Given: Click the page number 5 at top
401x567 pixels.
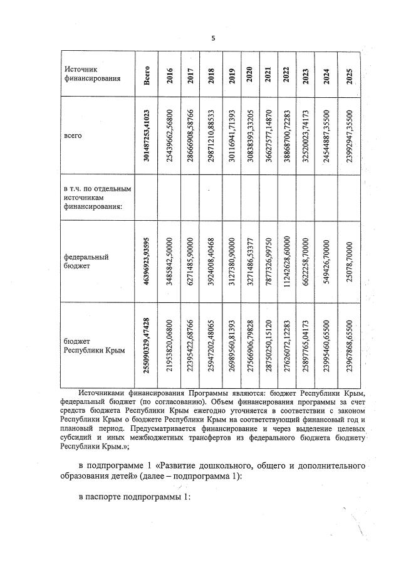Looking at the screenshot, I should click(212, 38).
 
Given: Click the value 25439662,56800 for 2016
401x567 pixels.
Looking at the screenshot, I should click(170, 135).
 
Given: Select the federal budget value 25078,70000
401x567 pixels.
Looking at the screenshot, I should click(350, 262).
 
